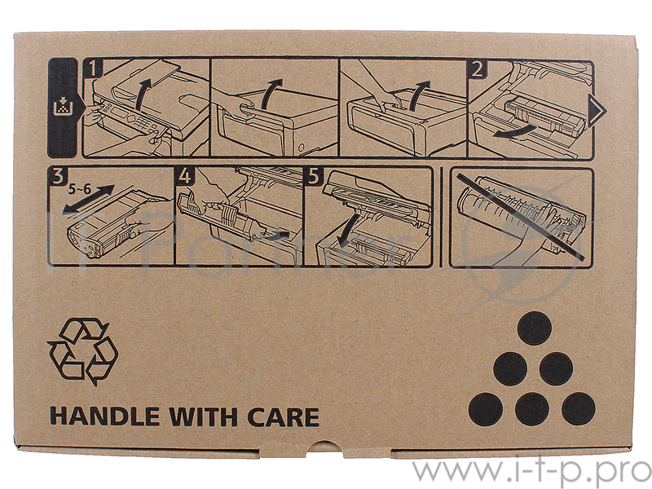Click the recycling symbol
click(83, 351)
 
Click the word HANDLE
click(105, 416)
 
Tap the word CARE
click(283, 416)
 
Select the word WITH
click(204, 416)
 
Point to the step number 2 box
click(477, 68)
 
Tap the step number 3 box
click(57, 176)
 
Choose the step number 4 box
click(185, 176)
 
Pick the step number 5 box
click(313, 176)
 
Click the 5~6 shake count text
click(80, 190)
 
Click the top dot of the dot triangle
click(535, 328)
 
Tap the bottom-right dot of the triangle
click(579, 409)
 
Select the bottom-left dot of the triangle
click(486, 410)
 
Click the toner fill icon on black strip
click(63, 106)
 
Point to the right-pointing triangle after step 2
click(598, 110)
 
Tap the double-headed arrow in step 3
click(88, 200)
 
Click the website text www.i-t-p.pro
click(531, 473)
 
